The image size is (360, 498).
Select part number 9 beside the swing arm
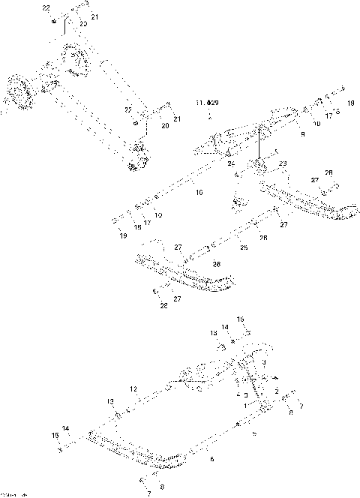[302, 134]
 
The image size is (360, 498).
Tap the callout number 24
[230, 163]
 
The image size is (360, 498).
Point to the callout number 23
[283, 163]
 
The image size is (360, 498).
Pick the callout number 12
[133, 389]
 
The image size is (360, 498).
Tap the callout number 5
[253, 433]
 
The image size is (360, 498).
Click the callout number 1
[243, 404]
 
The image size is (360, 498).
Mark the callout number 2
[277, 392]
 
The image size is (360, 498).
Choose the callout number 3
[263, 361]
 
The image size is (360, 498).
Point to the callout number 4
[237, 393]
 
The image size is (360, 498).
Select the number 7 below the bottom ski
[148, 493]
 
